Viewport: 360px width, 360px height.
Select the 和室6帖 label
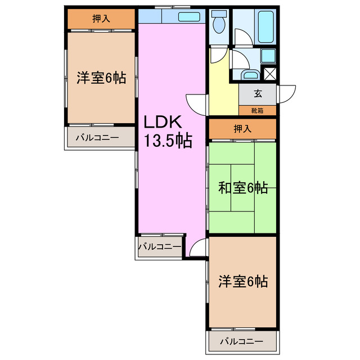242,188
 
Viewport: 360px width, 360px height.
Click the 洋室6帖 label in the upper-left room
101,78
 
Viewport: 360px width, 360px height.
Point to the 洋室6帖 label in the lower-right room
242,281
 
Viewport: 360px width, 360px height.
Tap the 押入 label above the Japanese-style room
242,129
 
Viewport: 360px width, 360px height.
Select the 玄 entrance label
258,94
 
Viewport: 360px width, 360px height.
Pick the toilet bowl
218,24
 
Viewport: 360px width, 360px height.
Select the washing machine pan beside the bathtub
268,56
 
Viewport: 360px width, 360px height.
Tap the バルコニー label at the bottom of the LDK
159,246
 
